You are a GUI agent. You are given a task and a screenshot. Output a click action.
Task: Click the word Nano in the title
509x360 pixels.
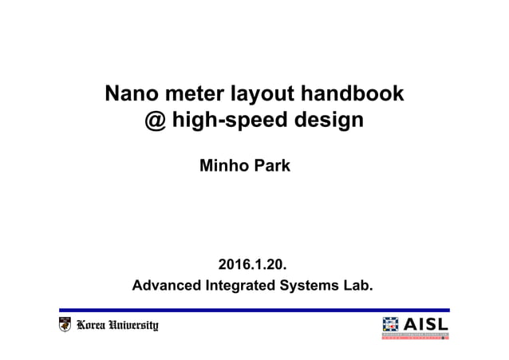pyautogui.click(x=132, y=95)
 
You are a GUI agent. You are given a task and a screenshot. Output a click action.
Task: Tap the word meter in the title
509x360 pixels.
pyautogui.click(x=191, y=95)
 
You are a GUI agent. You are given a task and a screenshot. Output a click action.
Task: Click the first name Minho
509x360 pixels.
pyautogui.click(x=225, y=168)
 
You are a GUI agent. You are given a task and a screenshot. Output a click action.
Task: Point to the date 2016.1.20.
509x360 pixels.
pyautogui.click(x=252, y=264)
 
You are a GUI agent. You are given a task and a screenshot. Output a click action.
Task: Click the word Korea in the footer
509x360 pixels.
pyautogui.click(x=94, y=325)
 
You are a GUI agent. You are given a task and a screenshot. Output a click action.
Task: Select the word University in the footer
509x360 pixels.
pyautogui.click(x=136, y=325)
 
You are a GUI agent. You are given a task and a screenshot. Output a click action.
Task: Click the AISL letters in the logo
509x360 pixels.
pyautogui.click(x=427, y=323)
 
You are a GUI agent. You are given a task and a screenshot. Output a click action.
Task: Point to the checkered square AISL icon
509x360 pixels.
pyautogui.click(x=392, y=326)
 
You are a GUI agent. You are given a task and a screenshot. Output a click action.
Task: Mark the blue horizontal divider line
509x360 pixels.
pyautogui.click(x=254, y=310)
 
